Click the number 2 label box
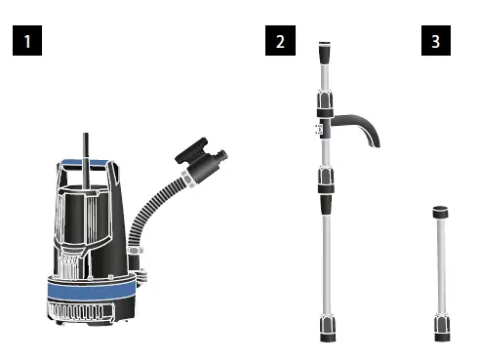pyautogui.click(x=281, y=43)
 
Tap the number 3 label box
pyautogui.click(x=434, y=43)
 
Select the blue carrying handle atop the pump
pyautogui.click(x=88, y=163)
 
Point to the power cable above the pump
pyautogui.click(x=86, y=144)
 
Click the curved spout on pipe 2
pyautogui.click(x=360, y=127)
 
